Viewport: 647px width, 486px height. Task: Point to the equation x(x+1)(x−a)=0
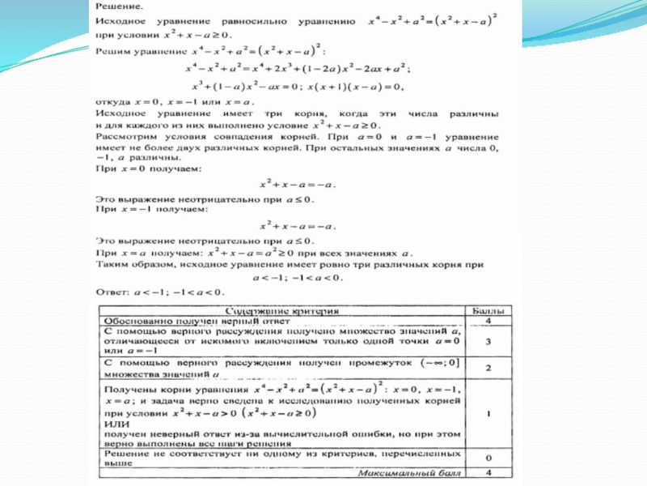click(359, 87)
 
